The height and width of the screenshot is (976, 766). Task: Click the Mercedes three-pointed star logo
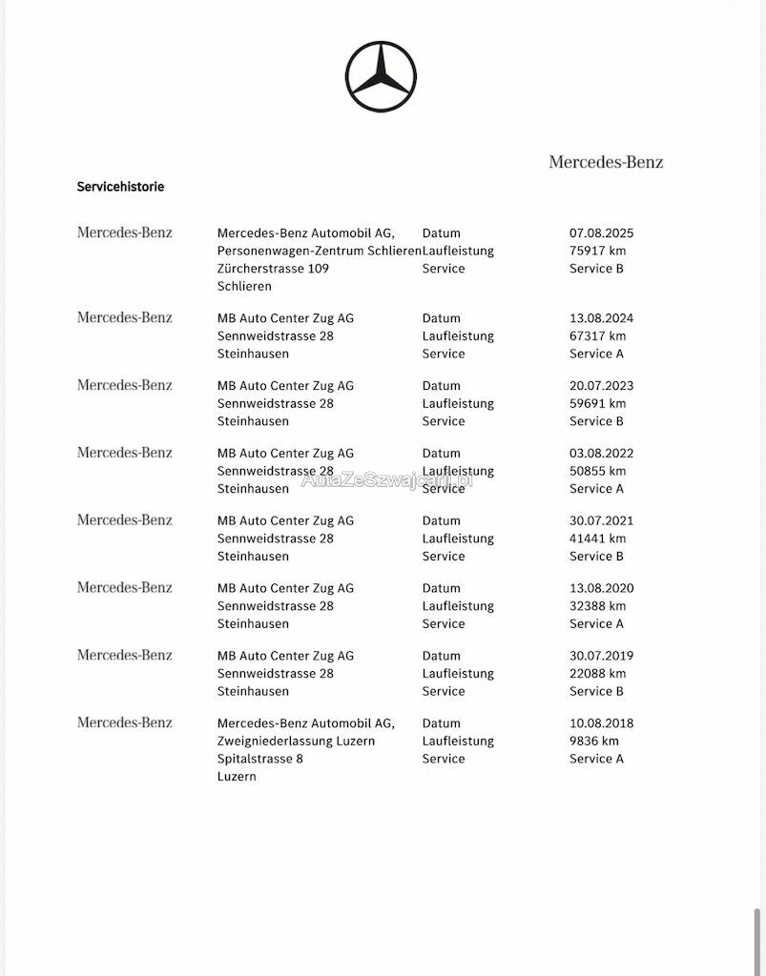[381, 77]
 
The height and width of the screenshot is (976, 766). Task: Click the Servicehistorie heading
[120, 187]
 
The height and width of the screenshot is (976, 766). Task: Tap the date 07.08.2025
[601, 233]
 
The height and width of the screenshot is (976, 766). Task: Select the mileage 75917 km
[597, 251]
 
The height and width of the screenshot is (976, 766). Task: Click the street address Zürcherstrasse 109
[273, 269]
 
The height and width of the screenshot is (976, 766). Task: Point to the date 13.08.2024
[601, 318]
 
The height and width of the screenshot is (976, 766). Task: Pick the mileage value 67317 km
[597, 335]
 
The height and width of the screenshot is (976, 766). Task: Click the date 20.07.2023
[601, 386]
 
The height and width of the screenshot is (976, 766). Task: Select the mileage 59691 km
[597, 403]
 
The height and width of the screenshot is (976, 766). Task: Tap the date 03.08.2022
[601, 454]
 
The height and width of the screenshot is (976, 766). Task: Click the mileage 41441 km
[597, 539]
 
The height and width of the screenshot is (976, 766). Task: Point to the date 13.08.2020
[601, 588]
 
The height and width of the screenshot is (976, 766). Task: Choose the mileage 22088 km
[597, 673]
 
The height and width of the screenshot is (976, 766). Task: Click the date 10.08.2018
[601, 723]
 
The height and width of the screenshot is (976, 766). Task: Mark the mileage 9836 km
[593, 741]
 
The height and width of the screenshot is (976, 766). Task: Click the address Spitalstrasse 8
[259, 759]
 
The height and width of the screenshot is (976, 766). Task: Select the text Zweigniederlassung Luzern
[296, 741]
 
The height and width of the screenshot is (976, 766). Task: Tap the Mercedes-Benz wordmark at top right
[606, 162]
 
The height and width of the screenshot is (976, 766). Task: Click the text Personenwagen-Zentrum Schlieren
[319, 251]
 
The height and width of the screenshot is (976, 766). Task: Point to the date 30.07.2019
[601, 656]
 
